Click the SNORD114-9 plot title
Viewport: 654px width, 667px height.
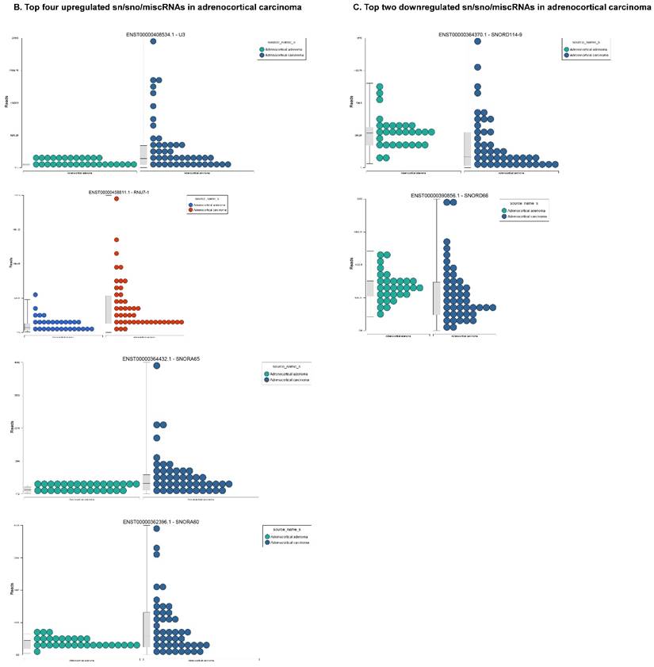[476, 35]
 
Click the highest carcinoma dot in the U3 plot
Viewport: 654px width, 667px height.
[153, 41]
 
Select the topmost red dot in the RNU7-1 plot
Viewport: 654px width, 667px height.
[117, 199]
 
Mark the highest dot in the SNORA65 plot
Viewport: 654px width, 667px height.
[157, 366]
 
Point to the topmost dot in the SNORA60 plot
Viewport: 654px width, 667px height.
[157, 529]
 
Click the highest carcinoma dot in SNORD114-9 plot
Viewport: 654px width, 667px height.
[478, 41]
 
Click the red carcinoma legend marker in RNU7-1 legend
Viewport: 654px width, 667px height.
[190, 210]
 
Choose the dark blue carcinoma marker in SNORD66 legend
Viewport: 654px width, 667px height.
[505, 216]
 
